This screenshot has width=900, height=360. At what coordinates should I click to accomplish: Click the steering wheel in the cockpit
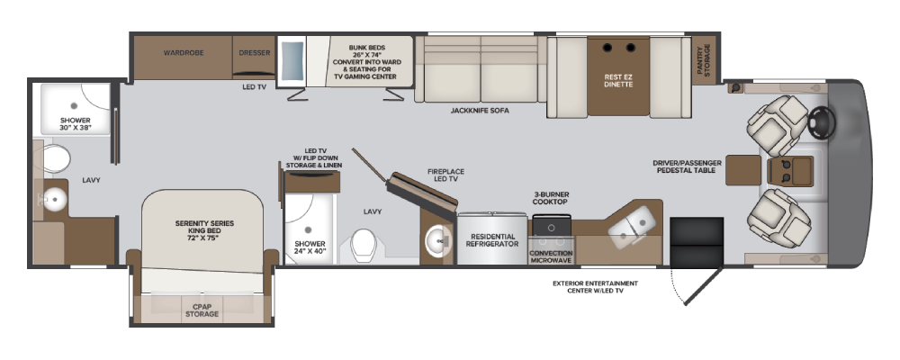(822, 122)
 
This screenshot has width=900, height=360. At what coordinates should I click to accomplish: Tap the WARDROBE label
(184, 53)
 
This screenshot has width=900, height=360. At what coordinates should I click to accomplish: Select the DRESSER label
(255, 53)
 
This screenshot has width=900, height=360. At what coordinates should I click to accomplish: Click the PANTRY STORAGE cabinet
(704, 60)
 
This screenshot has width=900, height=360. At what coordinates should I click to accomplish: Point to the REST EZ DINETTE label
(618, 80)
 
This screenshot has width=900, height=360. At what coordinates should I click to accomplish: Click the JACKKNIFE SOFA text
(480, 110)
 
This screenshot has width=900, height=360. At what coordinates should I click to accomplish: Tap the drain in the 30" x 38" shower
(74, 105)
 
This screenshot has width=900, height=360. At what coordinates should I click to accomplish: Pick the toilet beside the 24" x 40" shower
(364, 244)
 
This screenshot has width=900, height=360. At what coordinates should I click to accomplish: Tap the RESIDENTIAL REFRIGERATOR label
(492, 240)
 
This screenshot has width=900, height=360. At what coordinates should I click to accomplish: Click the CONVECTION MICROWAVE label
(551, 256)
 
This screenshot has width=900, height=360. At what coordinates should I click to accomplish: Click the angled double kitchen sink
(630, 227)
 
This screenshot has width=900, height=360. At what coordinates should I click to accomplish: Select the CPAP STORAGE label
(202, 310)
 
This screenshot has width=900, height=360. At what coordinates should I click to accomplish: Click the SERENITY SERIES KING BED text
(204, 230)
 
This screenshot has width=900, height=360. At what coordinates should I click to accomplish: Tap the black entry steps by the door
(697, 242)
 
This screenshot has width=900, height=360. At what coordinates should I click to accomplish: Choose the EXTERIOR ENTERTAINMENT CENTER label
(595, 287)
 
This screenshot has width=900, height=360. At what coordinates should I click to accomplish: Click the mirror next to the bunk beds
(292, 61)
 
